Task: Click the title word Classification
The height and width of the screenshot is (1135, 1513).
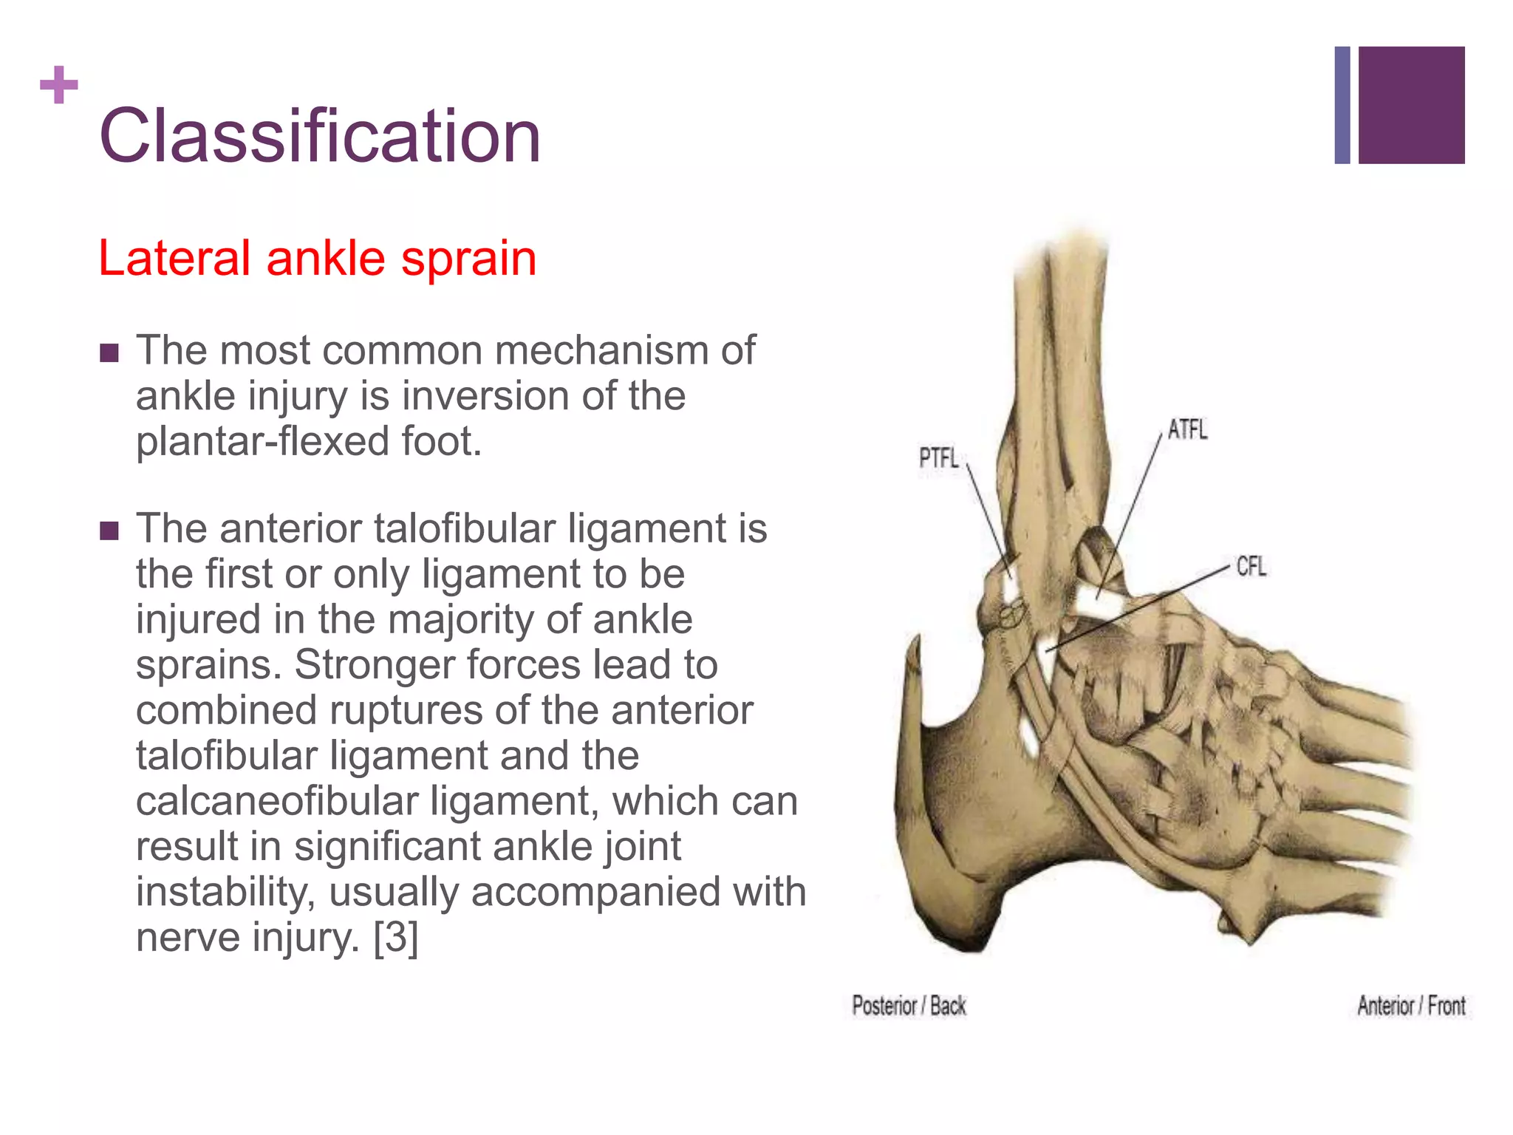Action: [320, 136]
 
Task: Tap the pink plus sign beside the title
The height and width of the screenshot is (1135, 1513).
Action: [59, 85]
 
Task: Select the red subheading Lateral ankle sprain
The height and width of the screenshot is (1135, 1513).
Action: [317, 259]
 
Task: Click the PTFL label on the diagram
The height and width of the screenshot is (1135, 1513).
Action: [938, 458]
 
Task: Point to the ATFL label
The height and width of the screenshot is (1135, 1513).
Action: [1187, 429]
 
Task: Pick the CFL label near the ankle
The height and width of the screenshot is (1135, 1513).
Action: [1251, 567]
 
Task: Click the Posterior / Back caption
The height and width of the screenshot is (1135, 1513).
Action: [909, 1006]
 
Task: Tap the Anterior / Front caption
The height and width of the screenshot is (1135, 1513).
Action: [1411, 1006]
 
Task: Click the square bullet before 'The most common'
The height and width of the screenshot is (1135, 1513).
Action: [109, 353]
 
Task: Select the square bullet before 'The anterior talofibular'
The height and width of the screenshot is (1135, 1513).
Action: [109, 531]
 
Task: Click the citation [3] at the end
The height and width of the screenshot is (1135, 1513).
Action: [396, 937]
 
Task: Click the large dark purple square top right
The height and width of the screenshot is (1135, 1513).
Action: [1411, 105]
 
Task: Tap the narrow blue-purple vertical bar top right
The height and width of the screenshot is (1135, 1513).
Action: [1342, 105]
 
